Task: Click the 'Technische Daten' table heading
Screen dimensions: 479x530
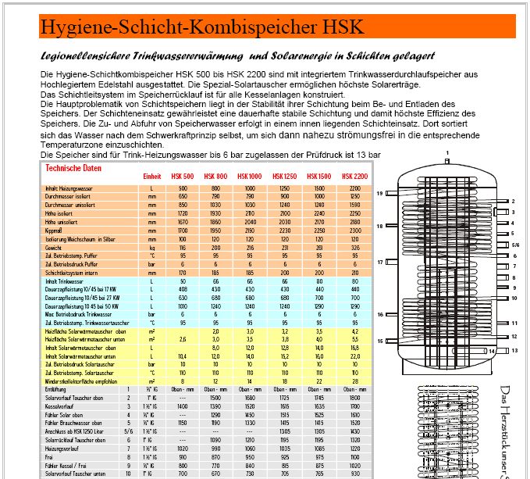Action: pyautogui.click(x=73, y=168)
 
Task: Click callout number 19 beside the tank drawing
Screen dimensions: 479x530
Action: pyautogui.click(x=379, y=192)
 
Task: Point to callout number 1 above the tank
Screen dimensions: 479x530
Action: pyautogui.click(x=447, y=152)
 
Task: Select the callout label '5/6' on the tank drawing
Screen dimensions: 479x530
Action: pyautogui.click(x=514, y=244)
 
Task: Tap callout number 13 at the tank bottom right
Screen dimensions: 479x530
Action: pyautogui.click(x=514, y=351)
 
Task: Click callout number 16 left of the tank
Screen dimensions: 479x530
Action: pyautogui.click(x=379, y=314)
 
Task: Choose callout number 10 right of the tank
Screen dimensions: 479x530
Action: pyautogui.click(x=514, y=298)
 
